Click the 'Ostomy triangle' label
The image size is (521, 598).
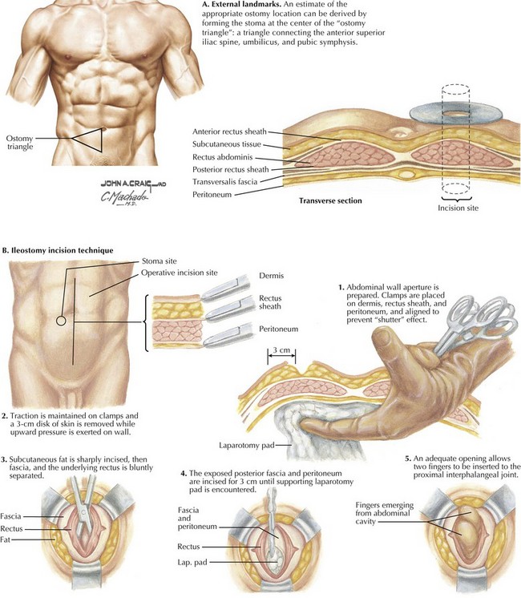pyautogui.click(x=19, y=142)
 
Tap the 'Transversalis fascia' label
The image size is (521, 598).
pyautogui.click(x=224, y=181)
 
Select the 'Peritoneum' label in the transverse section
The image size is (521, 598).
pyautogui.click(x=212, y=195)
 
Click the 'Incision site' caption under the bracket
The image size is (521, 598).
pyautogui.click(x=458, y=208)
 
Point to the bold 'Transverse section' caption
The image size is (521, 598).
pyautogui.click(x=330, y=200)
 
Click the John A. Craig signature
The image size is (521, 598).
pyautogui.click(x=134, y=184)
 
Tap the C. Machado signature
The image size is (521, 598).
pyautogui.click(x=124, y=196)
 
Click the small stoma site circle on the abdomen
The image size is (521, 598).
pyautogui.click(x=61, y=321)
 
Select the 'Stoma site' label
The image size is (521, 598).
pyautogui.click(x=159, y=261)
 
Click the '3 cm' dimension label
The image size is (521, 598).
pyautogui.click(x=281, y=350)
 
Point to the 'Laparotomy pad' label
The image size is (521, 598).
pyautogui.click(x=246, y=445)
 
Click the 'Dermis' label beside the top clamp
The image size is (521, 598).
pyautogui.click(x=271, y=276)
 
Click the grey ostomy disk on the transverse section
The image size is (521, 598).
pyautogui.click(x=455, y=114)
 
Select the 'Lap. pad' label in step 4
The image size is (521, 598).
pyautogui.click(x=192, y=562)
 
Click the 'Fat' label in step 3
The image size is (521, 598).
pyautogui.click(x=5, y=539)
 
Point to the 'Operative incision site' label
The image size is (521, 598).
pyautogui.click(x=180, y=273)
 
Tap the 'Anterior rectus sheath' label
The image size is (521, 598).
pyautogui.click(x=229, y=131)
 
